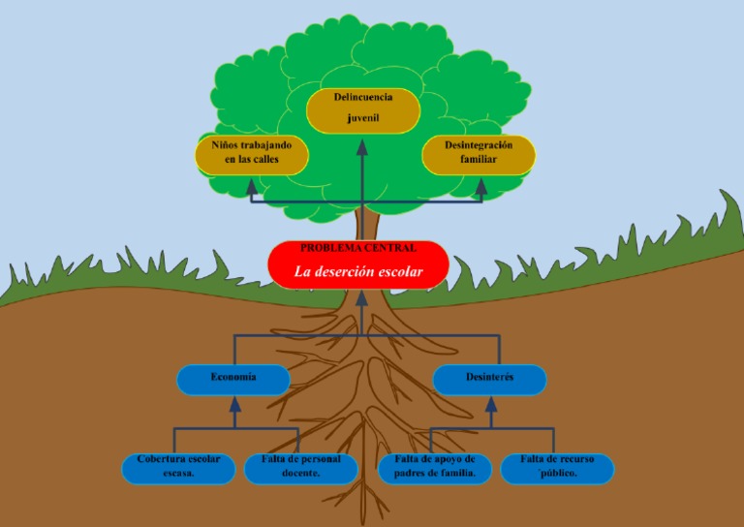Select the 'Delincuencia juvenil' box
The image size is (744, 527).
pos(363,109)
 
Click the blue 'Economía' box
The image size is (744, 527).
pos(233,379)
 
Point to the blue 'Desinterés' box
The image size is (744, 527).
pos(489,379)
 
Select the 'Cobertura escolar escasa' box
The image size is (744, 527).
pos(178,468)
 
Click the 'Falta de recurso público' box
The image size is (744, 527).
pos(557,468)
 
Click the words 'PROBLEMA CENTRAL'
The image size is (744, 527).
pos(358,248)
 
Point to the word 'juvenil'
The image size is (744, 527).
pos(363,118)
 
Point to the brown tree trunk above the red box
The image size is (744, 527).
pos(365,224)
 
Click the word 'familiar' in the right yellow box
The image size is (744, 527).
pos(478,160)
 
